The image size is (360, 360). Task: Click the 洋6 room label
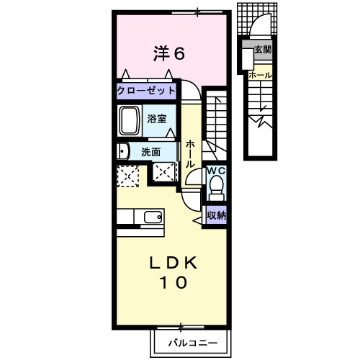coord(169,53)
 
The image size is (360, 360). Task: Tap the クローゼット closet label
coord(146,91)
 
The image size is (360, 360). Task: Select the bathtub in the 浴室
coord(130,120)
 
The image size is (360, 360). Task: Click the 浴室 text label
coord(157,119)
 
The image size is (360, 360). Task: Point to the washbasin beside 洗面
coord(123,151)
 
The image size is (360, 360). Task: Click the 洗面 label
coord(150,152)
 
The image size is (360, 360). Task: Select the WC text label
coord(217,171)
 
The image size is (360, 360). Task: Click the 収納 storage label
coord(217,215)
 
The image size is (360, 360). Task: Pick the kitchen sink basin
coord(153,217)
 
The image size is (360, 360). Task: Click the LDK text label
coord(174,264)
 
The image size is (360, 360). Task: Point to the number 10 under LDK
coord(174,282)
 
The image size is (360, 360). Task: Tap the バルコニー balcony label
coord(193,343)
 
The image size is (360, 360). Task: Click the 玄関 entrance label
coord(263,50)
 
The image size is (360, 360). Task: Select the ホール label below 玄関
coord(261,75)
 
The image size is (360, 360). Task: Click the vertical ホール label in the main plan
coord(190,154)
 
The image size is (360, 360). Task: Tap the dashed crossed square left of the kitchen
coord(128,176)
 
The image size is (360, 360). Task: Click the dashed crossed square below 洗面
coord(164,171)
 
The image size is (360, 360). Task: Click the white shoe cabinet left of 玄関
coord(248,59)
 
